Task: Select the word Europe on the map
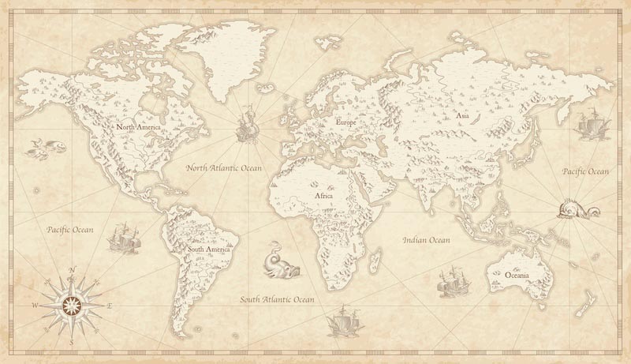346,122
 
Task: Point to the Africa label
323,195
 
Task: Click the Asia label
463,115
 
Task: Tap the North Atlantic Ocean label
224,168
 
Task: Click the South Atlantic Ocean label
278,300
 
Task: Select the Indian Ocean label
426,239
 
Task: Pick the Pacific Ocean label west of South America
69,230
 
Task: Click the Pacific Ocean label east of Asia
585,171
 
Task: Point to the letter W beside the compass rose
35,304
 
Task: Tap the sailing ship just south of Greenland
245,124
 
